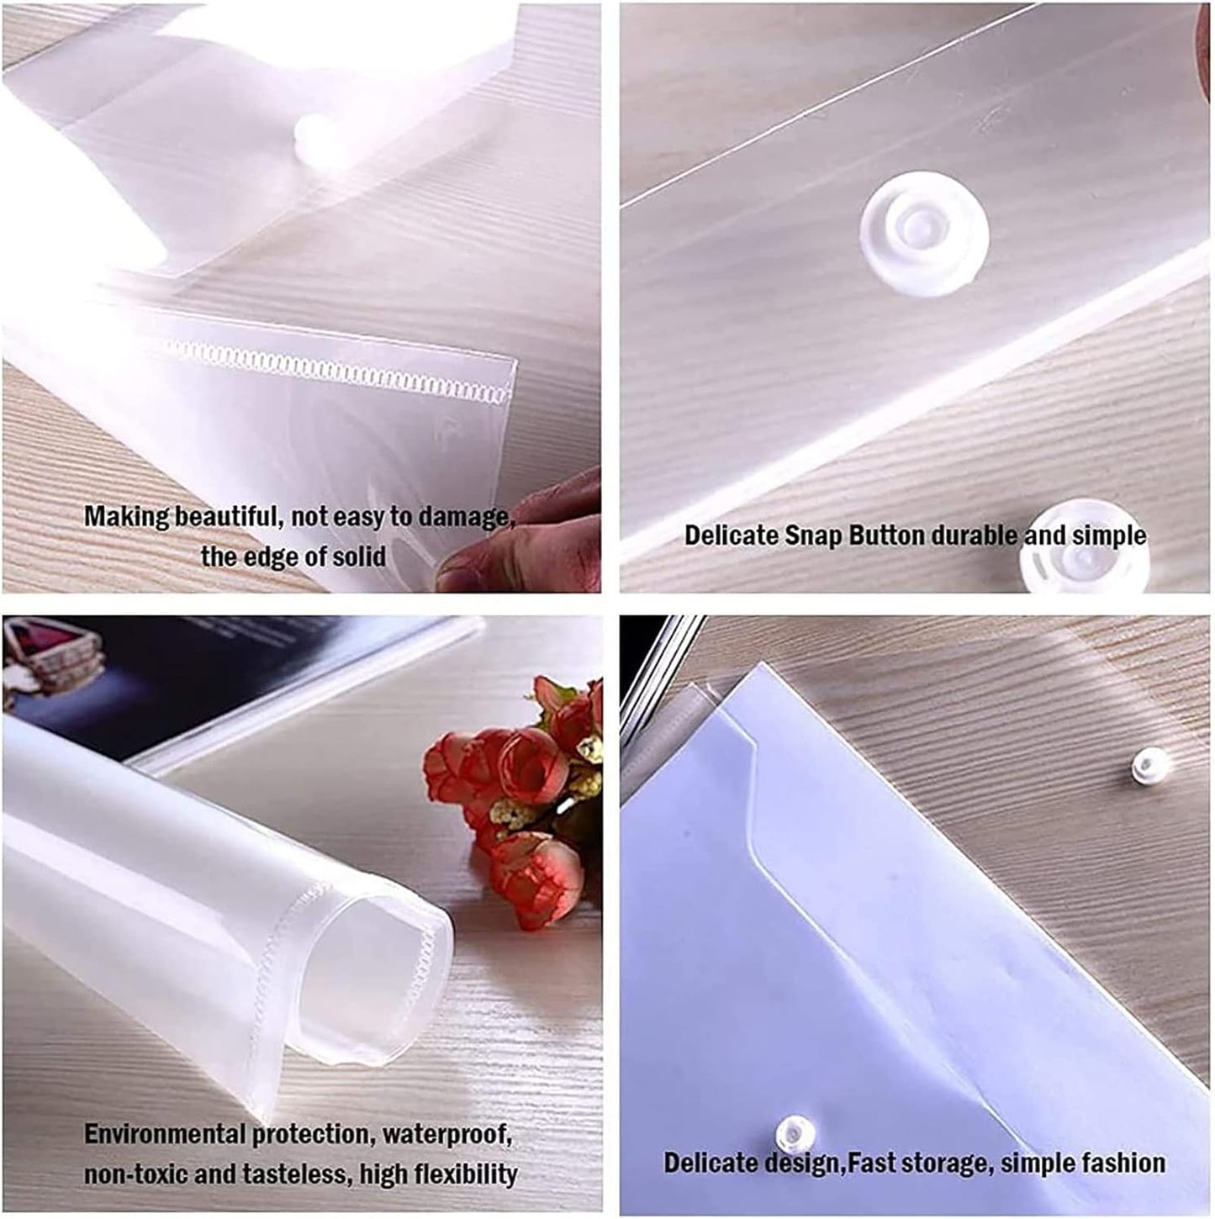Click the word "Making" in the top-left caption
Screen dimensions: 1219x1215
tap(126, 516)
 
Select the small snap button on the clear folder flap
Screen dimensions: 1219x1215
tap(1144, 766)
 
